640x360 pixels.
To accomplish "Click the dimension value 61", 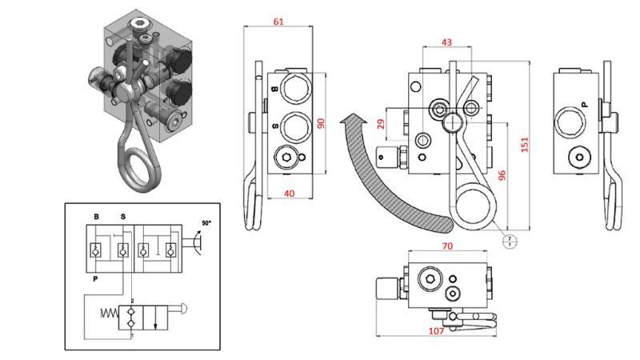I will (278, 22).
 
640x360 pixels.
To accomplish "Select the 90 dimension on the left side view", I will (321, 123).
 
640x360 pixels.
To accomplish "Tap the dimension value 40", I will (289, 193).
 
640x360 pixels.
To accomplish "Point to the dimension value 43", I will (446, 42).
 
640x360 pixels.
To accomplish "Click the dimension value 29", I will (380, 124).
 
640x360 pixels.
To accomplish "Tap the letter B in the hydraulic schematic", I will (96, 217).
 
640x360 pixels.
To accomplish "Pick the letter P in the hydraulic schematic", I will (96, 280).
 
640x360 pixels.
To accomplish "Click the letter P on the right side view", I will (583, 104).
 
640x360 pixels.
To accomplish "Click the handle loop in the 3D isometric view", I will (131, 168).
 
